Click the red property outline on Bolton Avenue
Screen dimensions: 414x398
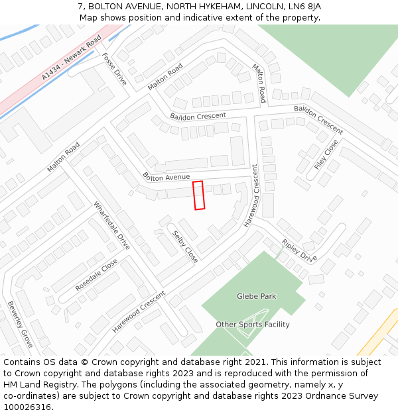tap(198, 195)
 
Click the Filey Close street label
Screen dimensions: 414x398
tap(326, 155)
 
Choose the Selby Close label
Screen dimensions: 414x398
tap(185, 246)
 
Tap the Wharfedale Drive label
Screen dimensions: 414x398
tap(111, 225)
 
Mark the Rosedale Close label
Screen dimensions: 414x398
tap(96, 275)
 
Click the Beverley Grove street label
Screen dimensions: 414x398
tap(20, 325)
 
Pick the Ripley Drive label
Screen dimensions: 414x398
tap(299, 250)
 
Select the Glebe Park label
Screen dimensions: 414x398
tap(256, 296)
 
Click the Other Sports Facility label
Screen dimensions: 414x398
tap(252, 325)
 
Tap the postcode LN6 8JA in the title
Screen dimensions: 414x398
tap(306, 6)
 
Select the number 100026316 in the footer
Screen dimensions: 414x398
tap(28, 407)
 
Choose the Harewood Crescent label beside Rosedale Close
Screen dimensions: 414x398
tap(138, 312)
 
